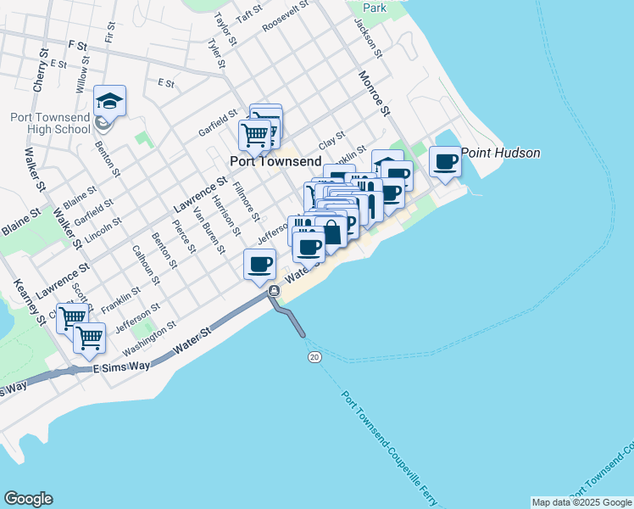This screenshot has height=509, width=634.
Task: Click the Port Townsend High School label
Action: point(50,123)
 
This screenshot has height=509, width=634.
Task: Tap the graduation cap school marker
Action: point(109,101)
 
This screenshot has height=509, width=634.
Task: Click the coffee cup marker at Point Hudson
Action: point(445,161)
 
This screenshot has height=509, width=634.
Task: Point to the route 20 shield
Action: point(314,358)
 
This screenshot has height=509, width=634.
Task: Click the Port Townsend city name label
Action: point(275,161)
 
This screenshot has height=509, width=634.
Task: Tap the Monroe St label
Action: point(374,93)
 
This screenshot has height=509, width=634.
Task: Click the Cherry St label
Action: point(39,71)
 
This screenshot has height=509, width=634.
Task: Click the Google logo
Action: point(28,499)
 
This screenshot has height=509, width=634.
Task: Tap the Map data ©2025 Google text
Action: point(581,502)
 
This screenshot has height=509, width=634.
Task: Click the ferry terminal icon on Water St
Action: point(274,291)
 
